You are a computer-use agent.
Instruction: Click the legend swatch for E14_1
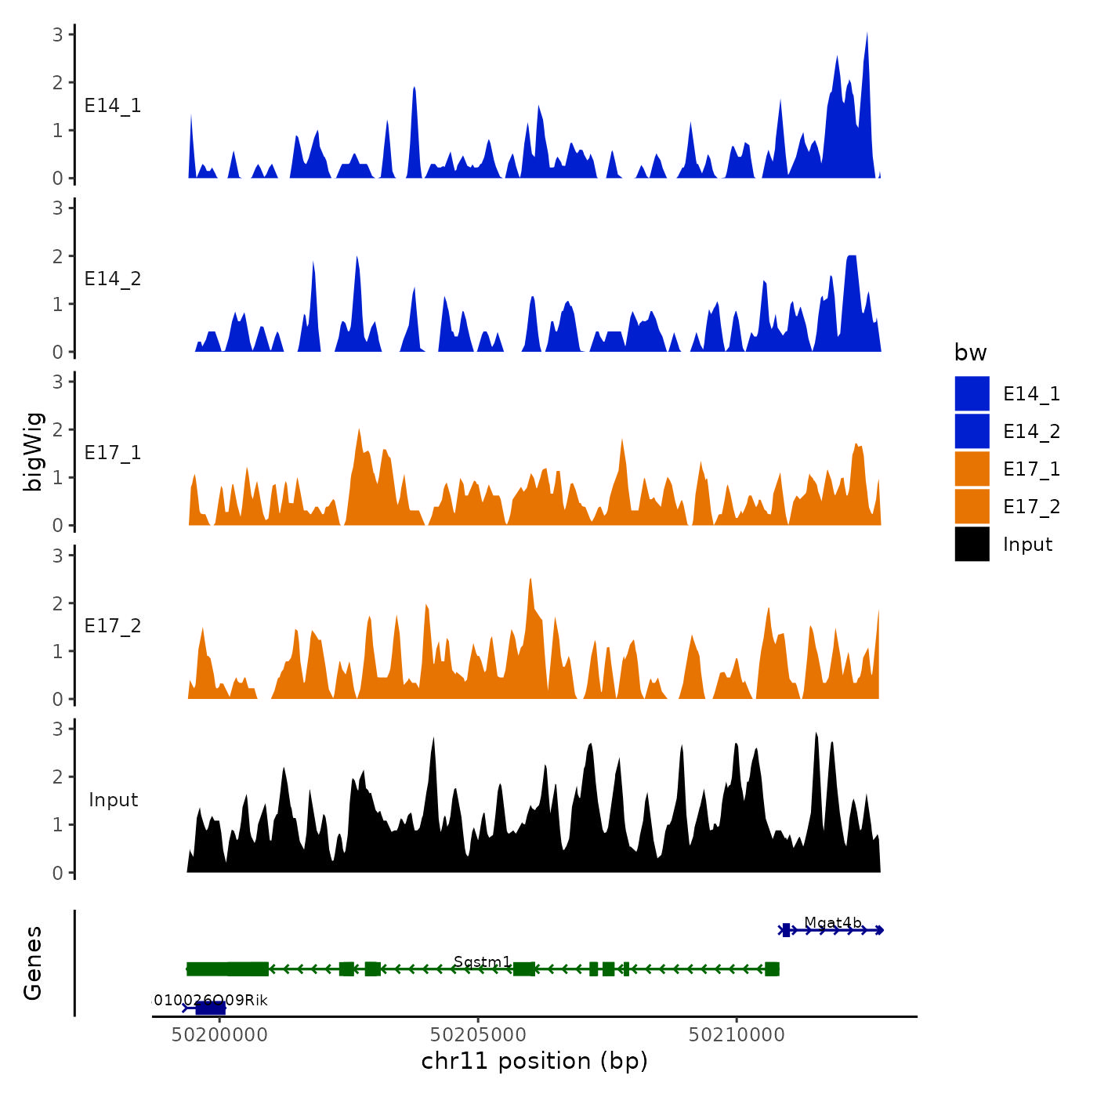click(x=972, y=393)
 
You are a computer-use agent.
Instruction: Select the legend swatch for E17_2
click(x=972, y=506)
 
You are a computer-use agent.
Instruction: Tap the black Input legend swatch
click(x=972, y=544)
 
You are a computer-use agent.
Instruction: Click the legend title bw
click(x=970, y=353)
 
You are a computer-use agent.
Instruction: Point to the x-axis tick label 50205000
click(x=479, y=1035)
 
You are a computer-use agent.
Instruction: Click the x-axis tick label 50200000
click(x=220, y=1035)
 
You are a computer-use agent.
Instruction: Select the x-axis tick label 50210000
click(x=737, y=1035)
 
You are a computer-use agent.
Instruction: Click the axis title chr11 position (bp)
click(x=534, y=1061)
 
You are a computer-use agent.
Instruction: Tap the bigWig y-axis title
click(x=33, y=451)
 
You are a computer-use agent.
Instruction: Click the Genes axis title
click(x=33, y=963)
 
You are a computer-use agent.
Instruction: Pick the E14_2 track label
click(x=113, y=279)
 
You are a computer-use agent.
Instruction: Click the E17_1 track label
click(x=113, y=453)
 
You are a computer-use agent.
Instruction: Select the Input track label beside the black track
click(x=113, y=800)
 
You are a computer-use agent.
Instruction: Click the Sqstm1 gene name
click(x=482, y=961)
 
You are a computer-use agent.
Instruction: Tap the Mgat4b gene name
click(x=832, y=922)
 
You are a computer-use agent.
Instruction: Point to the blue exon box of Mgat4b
click(x=786, y=930)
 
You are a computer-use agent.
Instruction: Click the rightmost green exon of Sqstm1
click(x=772, y=969)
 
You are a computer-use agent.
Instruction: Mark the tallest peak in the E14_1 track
click(x=867, y=35)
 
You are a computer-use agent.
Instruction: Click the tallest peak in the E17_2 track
click(x=530, y=581)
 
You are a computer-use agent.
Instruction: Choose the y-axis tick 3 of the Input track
click(x=58, y=729)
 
